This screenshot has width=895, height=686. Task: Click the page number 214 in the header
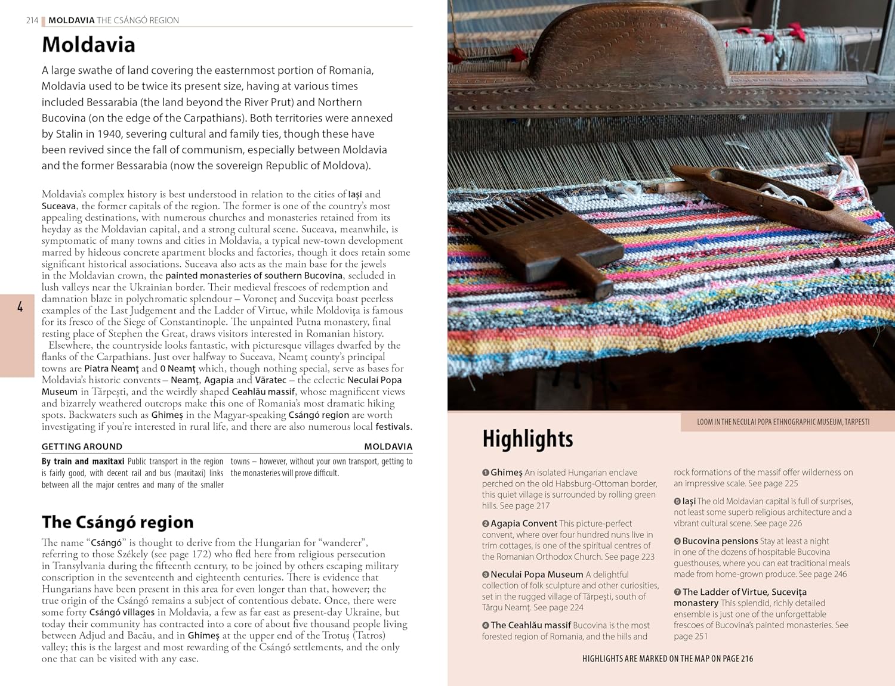pos(32,20)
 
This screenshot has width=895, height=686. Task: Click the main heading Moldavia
pos(88,45)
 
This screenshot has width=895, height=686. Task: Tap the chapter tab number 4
pos(20,307)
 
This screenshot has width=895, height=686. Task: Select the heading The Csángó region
pos(118,522)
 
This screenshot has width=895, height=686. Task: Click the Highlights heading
pos(527,439)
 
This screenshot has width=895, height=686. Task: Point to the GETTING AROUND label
pos(82,446)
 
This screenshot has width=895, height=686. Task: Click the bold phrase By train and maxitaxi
pos(83,461)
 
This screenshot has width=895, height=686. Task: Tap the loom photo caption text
pos(783,422)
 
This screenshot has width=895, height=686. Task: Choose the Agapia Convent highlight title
pos(523,523)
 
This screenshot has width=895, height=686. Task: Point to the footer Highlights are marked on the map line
pos(667,659)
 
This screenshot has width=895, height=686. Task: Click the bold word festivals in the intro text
pos(393,427)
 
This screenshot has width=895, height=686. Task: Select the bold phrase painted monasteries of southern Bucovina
pos(254,275)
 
